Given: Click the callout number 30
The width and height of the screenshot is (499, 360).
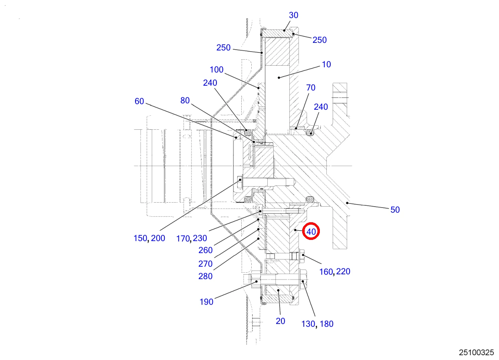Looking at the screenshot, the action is (x=293, y=15).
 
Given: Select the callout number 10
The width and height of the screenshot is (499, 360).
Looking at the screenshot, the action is (x=326, y=64).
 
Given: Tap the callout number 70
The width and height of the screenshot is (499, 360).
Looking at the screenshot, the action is (x=311, y=88).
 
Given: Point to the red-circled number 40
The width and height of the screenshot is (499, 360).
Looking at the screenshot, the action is (x=311, y=232).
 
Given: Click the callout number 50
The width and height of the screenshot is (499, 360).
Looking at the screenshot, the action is (x=395, y=210).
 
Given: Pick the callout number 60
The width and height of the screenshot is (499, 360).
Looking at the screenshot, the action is (x=139, y=101).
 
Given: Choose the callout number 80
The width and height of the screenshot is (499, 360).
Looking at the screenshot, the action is (x=185, y=101).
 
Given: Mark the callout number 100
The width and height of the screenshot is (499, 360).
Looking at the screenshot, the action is (x=216, y=70).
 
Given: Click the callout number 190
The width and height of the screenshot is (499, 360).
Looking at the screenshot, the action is (x=206, y=302).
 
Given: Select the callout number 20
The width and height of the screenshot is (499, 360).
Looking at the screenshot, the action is (x=281, y=321).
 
